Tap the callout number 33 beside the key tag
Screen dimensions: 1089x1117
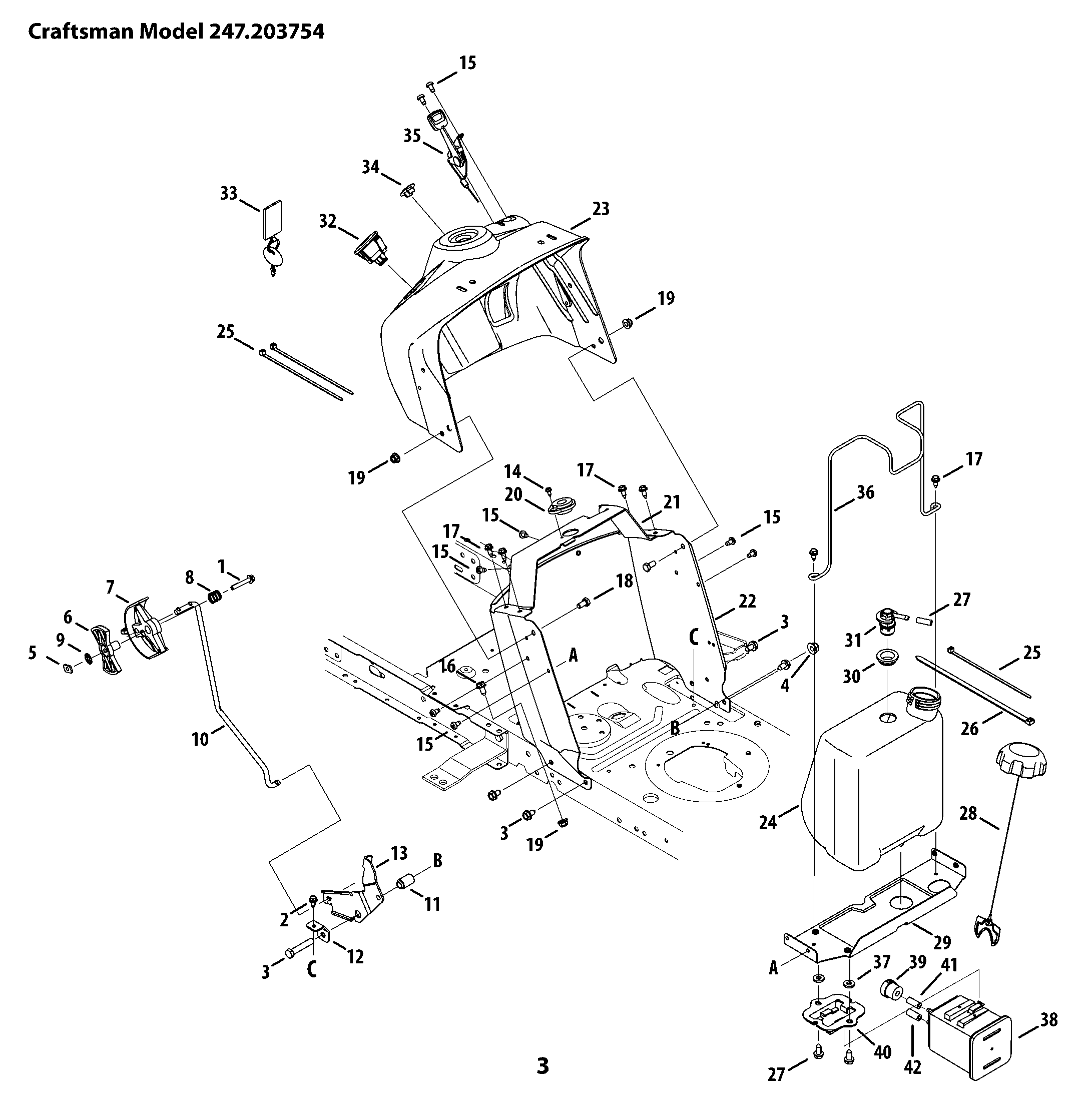[229, 193]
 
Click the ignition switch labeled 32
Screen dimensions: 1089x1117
[371, 248]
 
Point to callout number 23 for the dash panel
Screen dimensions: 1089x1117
[601, 209]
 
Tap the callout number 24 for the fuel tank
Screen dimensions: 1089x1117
[768, 822]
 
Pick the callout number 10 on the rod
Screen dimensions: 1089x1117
[200, 740]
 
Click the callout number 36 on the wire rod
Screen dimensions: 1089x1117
[865, 492]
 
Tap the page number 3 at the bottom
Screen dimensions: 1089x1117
[543, 1066]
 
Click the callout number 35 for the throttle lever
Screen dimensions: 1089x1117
[412, 136]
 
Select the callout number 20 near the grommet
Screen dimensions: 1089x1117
[513, 494]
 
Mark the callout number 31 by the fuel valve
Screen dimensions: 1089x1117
[853, 640]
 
